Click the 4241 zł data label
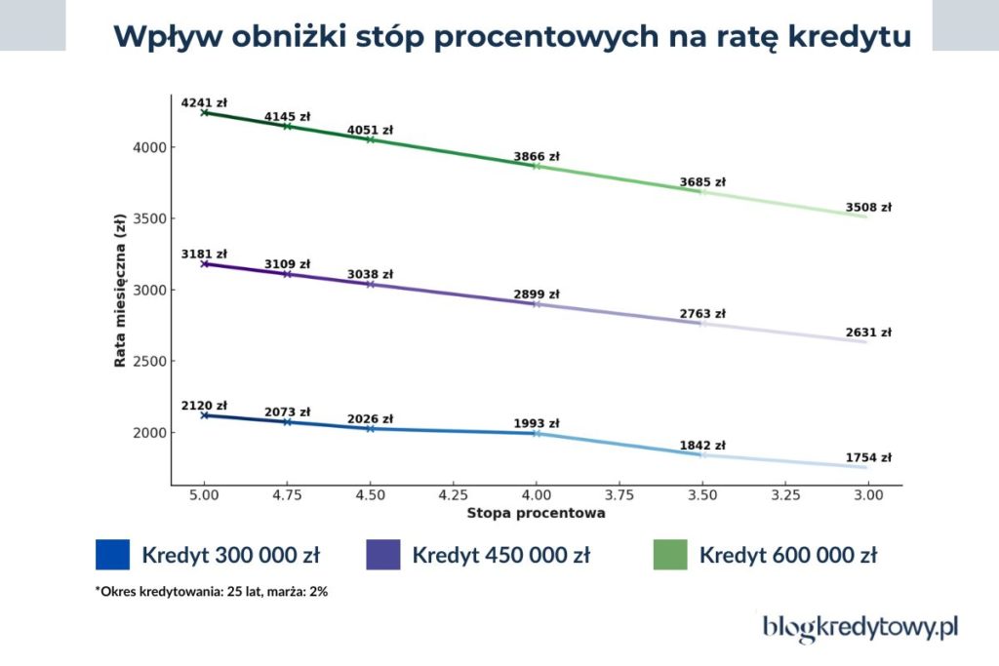pyautogui.click(x=204, y=102)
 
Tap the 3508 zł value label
pyautogui.click(x=868, y=207)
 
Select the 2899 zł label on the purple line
pyautogui.click(x=537, y=294)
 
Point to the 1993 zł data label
pyautogui.click(x=537, y=423)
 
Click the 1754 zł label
pyautogui.click(x=868, y=457)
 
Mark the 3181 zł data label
pyautogui.click(x=204, y=254)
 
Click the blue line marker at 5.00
pyautogui.click(x=204, y=415)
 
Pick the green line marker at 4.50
pyautogui.click(x=371, y=139)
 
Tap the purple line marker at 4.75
pyautogui.click(x=287, y=274)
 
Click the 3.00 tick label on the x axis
pyautogui.click(x=868, y=495)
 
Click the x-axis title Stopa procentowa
pyautogui.click(x=536, y=512)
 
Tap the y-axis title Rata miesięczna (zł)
pyautogui.click(x=120, y=290)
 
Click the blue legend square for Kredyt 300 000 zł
pyautogui.click(x=112, y=555)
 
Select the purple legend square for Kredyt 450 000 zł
pyautogui.click(x=382, y=555)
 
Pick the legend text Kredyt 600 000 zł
pyautogui.click(x=787, y=556)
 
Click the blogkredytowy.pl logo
pyautogui.click(x=859, y=628)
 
